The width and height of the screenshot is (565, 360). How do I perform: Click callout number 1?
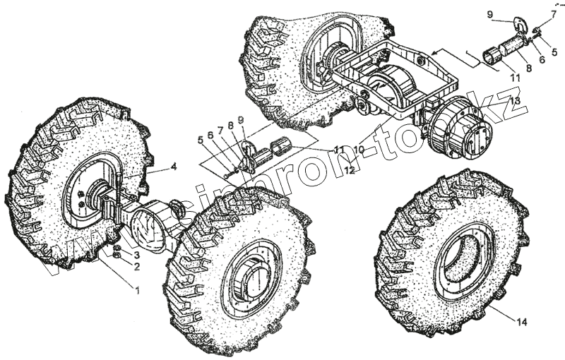tap(138, 290)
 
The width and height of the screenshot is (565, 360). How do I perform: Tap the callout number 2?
tap(138, 267)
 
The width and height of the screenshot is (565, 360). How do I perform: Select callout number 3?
tap(138, 254)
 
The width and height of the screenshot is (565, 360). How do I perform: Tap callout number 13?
tap(516, 102)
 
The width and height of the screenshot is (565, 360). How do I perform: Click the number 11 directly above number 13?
tap(515, 76)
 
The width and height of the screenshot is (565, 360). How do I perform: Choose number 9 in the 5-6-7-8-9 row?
tap(241, 120)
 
